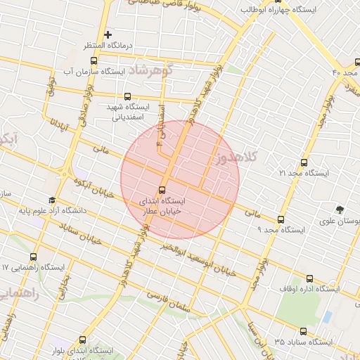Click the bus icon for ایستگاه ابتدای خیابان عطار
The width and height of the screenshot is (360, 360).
pyautogui.click(x=162, y=189)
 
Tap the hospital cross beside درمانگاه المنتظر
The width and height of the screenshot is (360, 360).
pyautogui.click(x=108, y=34)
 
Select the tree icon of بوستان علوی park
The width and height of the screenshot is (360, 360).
pyautogui.click(x=341, y=210)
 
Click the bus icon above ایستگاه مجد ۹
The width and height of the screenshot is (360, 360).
pyautogui.click(x=281, y=219)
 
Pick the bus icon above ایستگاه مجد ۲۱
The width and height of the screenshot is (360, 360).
pyautogui.click(x=304, y=162)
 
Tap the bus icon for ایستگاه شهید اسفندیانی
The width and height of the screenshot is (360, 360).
pyautogui.click(x=127, y=96)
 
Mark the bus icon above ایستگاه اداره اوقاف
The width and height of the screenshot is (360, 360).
pyautogui.click(x=310, y=278)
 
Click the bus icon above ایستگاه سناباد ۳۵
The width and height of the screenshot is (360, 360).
pyautogui.click(x=303, y=331)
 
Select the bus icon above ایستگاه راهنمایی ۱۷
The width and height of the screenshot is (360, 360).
pyautogui.click(x=34, y=257)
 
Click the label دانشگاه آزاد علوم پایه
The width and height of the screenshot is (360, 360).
pyautogui.click(x=87, y=210)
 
